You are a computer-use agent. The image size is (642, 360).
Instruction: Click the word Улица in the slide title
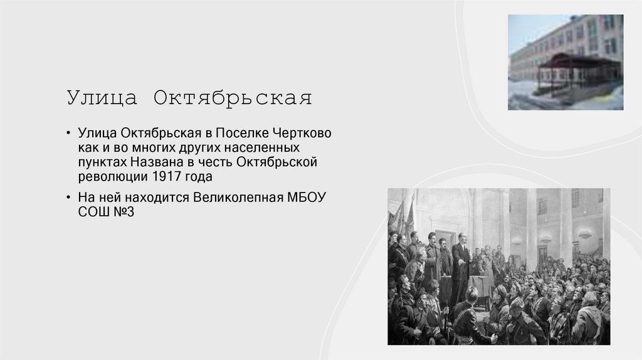[100, 99]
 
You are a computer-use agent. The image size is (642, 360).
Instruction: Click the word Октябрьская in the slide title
[232, 99]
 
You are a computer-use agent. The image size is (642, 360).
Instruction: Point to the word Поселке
[245, 134]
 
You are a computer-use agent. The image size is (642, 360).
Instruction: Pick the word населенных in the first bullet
[266, 149]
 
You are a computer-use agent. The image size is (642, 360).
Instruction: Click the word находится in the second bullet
[155, 197]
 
